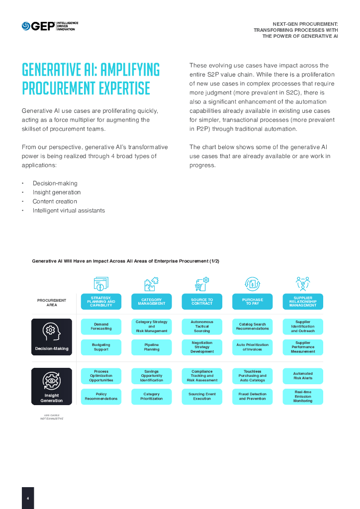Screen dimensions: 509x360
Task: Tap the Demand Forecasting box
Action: [101, 327]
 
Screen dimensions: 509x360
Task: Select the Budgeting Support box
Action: [101, 347]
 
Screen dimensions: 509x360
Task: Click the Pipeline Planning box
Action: [152, 347]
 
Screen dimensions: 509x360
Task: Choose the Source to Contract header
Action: [202, 302]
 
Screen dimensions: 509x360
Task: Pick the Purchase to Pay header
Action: [252, 302]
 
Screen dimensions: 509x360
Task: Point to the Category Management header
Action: [152, 302]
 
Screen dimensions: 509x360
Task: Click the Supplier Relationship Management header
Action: [303, 302]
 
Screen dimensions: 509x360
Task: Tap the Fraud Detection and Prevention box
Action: [252, 396]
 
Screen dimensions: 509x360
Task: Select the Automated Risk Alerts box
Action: [303, 376]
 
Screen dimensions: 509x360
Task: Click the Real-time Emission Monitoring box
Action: [303, 396]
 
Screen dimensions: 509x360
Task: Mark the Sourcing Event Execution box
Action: [202, 396]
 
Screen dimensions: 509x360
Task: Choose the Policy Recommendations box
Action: [101, 396]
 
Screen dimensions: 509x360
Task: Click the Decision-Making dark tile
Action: [52, 337]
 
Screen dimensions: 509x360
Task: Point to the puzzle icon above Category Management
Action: [151, 283]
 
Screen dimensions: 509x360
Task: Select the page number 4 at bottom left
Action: [28, 498]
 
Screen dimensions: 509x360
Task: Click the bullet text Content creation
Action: [55, 201]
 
